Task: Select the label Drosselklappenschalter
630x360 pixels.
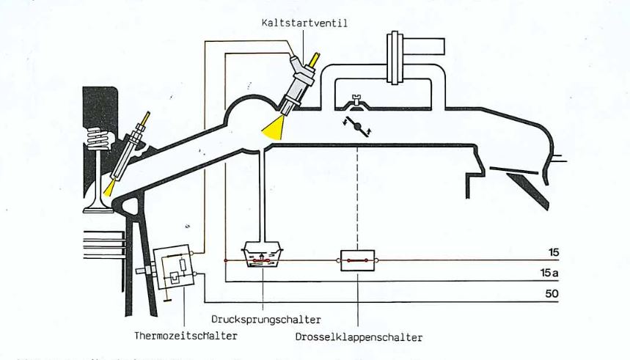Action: tap(359, 338)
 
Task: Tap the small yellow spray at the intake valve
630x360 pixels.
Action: tap(110, 189)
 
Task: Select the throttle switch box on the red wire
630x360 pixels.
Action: tap(356, 260)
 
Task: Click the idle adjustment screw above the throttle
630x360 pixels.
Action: tap(356, 100)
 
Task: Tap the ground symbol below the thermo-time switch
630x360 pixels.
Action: tap(169, 298)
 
